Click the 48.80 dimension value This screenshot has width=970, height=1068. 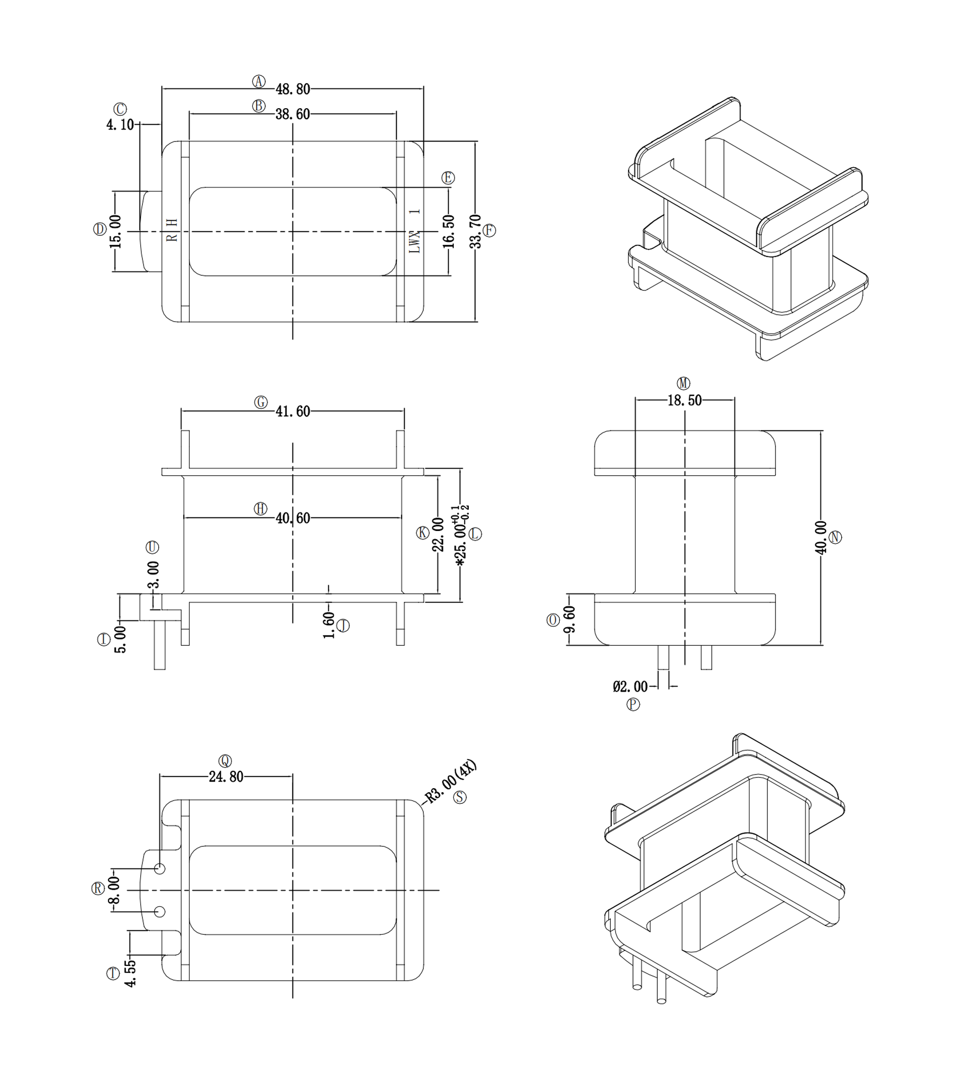(x=293, y=89)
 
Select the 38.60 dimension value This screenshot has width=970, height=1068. (x=293, y=114)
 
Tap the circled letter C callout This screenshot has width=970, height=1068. (x=121, y=109)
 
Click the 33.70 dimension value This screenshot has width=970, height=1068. (x=475, y=231)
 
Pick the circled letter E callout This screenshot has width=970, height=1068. (x=448, y=177)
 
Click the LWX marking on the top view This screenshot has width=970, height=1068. (x=415, y=241)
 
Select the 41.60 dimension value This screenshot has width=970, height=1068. (x=293, y=411)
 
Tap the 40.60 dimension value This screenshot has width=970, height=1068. (x=293, y=517)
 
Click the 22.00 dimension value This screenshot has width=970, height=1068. (x=438, y=535)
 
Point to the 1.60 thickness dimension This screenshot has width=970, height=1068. (x=328, y=625)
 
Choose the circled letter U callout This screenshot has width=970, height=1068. (x=152, y=547)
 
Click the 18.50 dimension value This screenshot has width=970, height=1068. (x=685, y=401)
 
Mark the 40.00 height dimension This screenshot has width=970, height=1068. (x=820, y=538)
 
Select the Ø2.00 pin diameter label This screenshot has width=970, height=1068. (x=630, y=687)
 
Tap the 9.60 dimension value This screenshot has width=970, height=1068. (x=570, y=619)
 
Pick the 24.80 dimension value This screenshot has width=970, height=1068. (x=226, y=776)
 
